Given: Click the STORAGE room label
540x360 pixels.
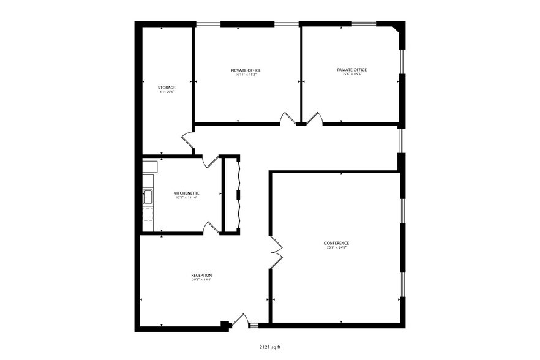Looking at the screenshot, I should tap(167, 88).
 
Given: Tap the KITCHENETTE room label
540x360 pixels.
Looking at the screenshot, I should tap(186, 193).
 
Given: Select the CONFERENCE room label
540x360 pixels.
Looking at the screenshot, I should tap(336, 243).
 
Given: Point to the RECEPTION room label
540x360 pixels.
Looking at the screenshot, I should tap(201, 275).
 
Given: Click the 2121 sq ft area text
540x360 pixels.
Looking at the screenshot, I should tap(270, 347).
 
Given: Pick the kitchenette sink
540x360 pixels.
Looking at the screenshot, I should tap(148, 197).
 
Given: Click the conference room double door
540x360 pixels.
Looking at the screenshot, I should tap(276, 251).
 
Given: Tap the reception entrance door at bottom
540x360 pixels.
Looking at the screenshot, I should tap(241, 320).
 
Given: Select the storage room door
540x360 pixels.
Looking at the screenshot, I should tap(188, 142).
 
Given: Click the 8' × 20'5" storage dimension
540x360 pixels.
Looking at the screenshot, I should tap(167, 92).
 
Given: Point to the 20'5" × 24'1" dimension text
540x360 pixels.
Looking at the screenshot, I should tap(336, 248).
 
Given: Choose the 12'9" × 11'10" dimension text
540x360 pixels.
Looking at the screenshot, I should tap(186, 198).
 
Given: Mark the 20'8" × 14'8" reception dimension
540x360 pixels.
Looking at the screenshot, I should tap(201, 280).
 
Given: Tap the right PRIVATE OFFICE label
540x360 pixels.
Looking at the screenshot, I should tap(352, 70).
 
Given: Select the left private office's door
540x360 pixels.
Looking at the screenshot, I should tap(287, 119).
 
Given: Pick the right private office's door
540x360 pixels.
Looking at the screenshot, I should tap(314, 119).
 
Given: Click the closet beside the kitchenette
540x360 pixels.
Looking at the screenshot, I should tap(230, 195).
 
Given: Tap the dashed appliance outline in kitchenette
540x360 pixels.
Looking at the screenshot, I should tap(148, 214).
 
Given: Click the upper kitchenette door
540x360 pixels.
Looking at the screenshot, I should tap(211, 161).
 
